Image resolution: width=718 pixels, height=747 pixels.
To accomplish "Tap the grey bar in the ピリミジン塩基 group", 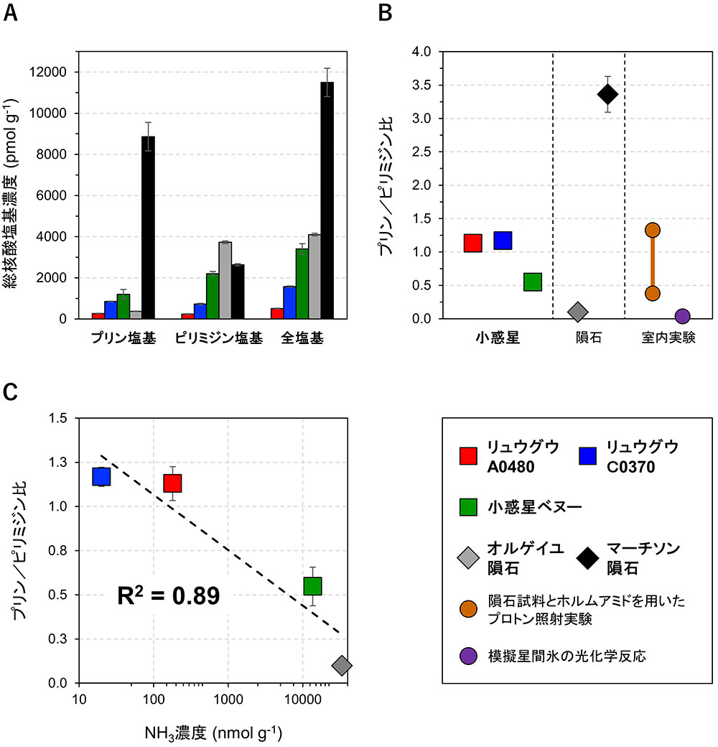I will (225, 280).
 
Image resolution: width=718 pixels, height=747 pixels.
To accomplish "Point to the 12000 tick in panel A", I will (65, 73).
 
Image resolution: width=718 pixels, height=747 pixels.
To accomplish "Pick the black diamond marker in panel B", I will (607, 94).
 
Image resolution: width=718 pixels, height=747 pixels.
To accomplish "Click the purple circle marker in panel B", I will (682, 316).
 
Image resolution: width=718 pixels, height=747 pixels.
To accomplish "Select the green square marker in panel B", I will (532, 282).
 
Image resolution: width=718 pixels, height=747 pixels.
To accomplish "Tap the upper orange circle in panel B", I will (653, 231).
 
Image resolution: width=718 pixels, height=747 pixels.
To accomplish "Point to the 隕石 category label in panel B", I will (588, 337).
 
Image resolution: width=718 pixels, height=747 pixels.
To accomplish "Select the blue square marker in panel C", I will (101, 476).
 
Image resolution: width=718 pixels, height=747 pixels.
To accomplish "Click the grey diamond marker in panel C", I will (342, 665).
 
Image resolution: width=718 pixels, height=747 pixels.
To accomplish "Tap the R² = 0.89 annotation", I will (169, 595).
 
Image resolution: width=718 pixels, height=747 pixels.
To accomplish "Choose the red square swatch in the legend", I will (469, 455).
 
